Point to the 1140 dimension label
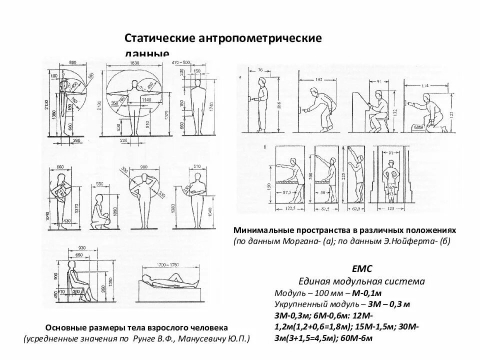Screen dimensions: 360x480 pos(147,99)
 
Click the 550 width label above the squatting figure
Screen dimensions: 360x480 pos(100,183)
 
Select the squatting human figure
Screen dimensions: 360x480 pos(101,212)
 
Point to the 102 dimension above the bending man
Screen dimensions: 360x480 pos(319,79)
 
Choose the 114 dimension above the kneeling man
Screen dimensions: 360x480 pos(425,85)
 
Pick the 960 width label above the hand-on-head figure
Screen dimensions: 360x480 pos(144,167)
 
